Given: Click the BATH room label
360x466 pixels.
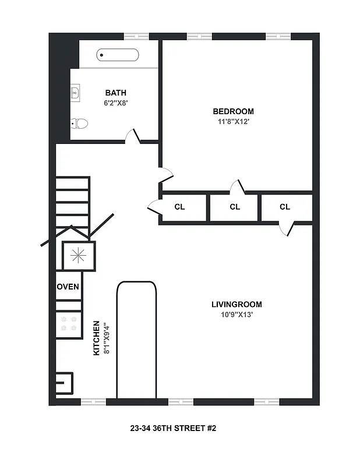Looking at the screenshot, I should pos(115,93).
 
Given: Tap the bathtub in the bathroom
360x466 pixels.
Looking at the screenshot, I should pos(118,55).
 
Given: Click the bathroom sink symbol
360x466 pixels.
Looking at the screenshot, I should pos(75,92).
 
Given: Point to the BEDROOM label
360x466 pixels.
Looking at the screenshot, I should pos(233,111).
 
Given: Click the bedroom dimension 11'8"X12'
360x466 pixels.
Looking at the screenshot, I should pos(233,122).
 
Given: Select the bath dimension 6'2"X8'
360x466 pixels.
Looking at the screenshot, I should pos(115,103).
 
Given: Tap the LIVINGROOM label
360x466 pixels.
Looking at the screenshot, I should pos(237,304).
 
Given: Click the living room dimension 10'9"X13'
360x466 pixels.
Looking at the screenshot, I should pos(237,315).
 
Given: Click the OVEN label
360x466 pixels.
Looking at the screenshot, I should pos(68,287).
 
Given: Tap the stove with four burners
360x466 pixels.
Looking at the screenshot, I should pos(68,324).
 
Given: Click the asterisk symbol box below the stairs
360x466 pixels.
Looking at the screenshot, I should pos(78,255).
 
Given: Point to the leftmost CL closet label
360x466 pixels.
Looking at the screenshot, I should pos(179,207).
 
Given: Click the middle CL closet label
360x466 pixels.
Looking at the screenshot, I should pos(235,207).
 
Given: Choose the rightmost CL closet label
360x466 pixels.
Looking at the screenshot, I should pos(285,207).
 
